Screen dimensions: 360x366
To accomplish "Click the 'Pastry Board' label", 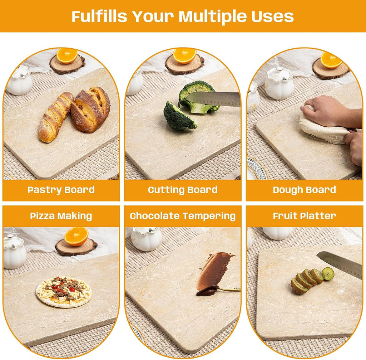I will (x=61, y=190).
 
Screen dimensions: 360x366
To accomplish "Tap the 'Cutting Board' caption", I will (x=183, y=190).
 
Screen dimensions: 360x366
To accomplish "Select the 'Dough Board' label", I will (x=304, y=190).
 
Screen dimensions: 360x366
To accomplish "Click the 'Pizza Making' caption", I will (x=61, y=216).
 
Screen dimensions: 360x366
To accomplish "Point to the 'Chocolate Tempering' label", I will (x=183, y=216).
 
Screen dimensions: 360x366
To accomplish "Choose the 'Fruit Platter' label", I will (x=304, y=216).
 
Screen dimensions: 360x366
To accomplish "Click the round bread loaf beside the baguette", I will (x=91, y=109).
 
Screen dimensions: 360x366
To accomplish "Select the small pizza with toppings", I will (x=64, y=291).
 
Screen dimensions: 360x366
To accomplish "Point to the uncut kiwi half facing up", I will (x=328, y=274).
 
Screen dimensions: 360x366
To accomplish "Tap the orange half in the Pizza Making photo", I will (x=76, y=236).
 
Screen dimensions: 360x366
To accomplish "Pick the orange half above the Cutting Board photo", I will (x=184, y=56).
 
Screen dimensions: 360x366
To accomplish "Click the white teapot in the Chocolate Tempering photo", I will (x=146, y=239).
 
